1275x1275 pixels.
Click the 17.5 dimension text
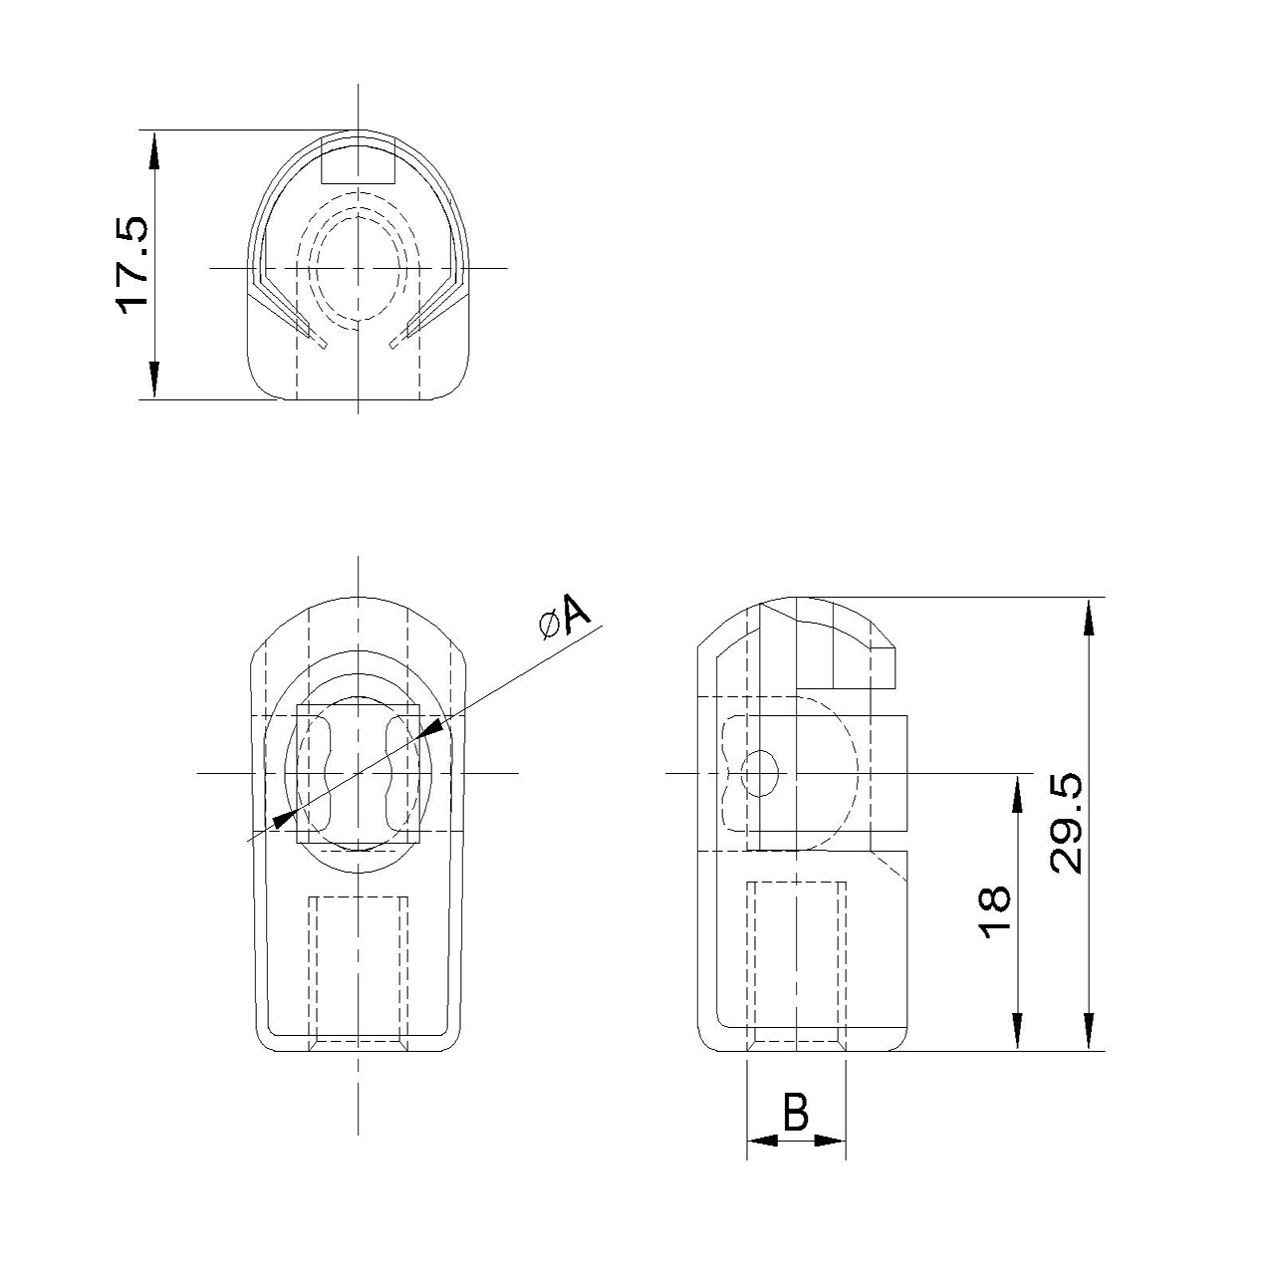click(x=132, y=265)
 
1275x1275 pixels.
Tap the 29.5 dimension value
click(x=1066, y=823)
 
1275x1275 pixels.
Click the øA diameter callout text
click(x=566, y=617)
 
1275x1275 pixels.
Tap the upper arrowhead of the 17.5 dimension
click(x=154, y=150)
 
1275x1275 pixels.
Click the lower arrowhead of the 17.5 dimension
click(x=154, y=380)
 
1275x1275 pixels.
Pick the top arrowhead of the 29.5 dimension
click(x=1090, y=616)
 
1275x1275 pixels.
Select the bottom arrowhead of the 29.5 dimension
click(x=1090, y=1032)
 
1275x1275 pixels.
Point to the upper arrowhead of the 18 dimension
click(x=1018, y=792)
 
